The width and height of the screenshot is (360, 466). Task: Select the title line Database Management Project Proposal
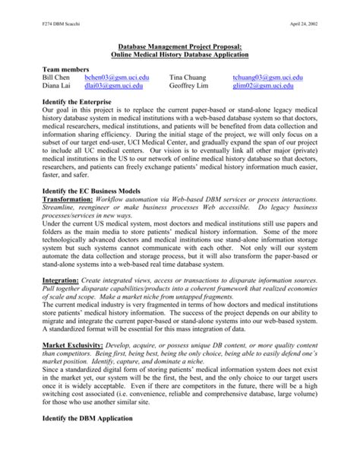(x=180, y=46)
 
